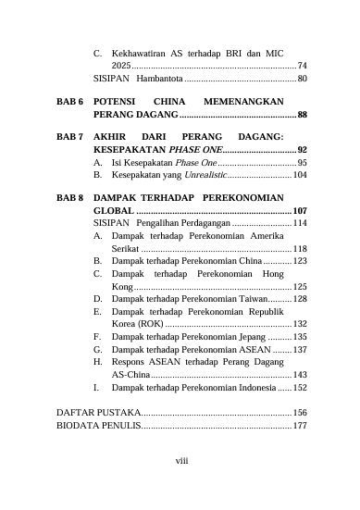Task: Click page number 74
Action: (302, 67)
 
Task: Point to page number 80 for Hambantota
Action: (302, 80)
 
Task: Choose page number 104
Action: (300, 174)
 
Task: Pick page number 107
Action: (300, 212)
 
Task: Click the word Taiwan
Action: (245, 299)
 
